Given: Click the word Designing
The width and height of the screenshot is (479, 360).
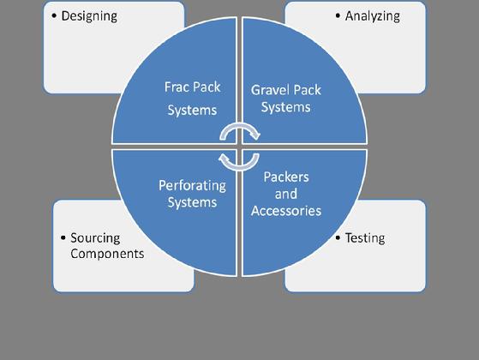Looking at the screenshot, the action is tap(89, 16).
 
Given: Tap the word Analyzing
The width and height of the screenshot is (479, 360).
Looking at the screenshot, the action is tap(373, 16).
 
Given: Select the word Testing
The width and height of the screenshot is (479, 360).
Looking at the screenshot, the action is tap(365, 238).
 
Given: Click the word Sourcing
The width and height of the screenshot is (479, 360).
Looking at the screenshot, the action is tap(95, 238).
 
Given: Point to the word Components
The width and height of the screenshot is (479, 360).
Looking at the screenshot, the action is tap(107, 254).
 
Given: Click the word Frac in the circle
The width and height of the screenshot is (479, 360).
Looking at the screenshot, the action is tap(176, 87).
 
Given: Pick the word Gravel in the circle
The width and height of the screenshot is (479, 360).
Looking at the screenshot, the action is tap(269, 90).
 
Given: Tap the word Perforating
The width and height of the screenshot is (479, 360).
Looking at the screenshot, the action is tap(193, 186).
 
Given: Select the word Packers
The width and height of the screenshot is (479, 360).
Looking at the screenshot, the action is tap(286, 177).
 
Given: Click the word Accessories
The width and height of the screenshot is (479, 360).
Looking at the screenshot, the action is tap(286, 211).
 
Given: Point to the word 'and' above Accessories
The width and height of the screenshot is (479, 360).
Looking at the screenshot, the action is tap(286, 194).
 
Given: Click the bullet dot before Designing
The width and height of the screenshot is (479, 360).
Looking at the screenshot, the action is tap(54, 16).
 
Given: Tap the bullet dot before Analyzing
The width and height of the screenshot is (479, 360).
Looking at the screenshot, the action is tap(338, 16).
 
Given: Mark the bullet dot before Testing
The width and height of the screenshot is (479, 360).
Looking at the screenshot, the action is tap(338, 237).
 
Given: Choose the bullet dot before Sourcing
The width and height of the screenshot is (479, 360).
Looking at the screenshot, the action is tap(63, 237).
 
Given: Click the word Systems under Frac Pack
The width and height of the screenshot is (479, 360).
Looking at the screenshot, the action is tap(192, 111).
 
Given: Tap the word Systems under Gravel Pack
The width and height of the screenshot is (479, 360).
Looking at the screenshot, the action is tap(286, 108).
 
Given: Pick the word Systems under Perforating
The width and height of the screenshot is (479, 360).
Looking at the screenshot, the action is tap(193, 202).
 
